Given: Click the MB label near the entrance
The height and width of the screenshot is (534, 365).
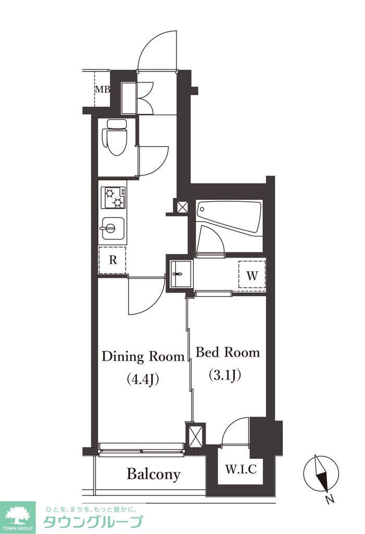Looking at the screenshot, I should [102, 89].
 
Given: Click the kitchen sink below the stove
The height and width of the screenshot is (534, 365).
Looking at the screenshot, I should [114, 228].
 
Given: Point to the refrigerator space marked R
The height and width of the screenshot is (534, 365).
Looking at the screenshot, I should [112, 260].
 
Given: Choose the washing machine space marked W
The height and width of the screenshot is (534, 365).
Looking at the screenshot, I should [252, 274].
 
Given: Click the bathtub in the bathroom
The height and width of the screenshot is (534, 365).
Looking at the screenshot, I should [229, 216].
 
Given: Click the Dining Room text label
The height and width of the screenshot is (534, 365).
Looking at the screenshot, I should [143, 357].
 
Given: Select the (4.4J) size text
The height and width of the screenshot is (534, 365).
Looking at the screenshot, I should [143, 380].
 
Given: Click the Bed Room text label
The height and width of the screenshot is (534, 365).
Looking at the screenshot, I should [228, 353].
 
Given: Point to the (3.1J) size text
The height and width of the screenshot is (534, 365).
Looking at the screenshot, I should [224, 374].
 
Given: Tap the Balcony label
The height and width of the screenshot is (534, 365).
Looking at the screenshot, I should [154, 474].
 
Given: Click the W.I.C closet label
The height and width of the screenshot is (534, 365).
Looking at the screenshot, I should [241, 469].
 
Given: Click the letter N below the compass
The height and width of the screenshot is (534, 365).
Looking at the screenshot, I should [329, 499].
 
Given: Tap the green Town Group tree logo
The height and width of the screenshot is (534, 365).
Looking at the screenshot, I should [18, 517].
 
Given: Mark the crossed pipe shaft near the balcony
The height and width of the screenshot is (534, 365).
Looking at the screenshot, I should [195, 435].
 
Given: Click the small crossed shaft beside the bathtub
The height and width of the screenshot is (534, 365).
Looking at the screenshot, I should [182, 207].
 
